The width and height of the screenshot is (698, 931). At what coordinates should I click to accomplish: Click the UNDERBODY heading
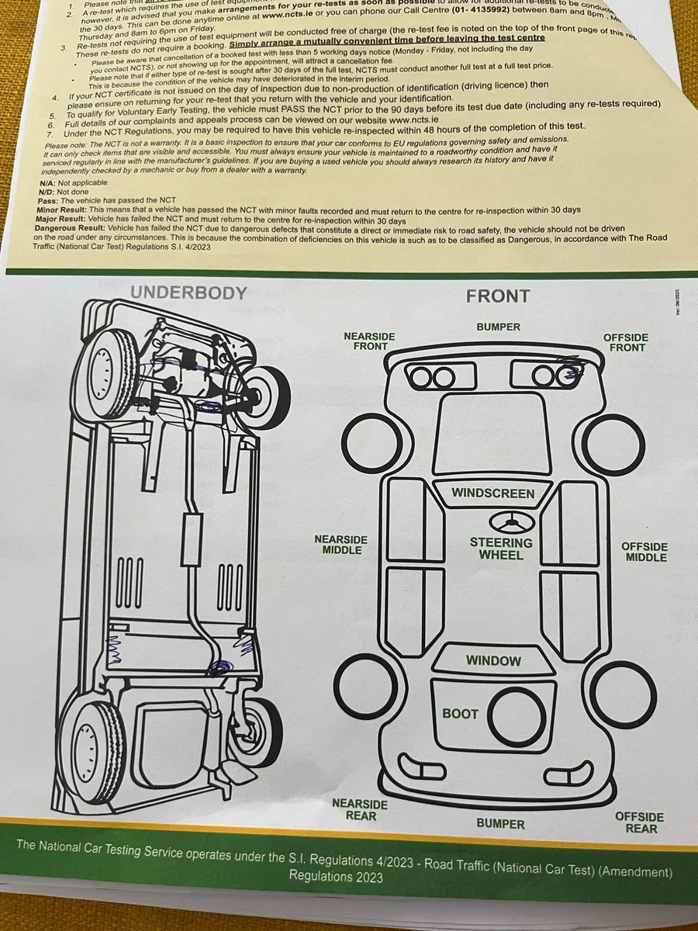[x=188, y=292]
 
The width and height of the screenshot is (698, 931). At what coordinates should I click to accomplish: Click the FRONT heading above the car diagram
[x=497, y=296]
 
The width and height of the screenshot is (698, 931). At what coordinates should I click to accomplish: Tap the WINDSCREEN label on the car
[x=493, y=493]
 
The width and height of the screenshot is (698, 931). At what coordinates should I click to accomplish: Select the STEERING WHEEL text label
[x=500, y=549]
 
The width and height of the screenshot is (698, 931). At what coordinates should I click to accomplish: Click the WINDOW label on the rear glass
[x=493, y=661]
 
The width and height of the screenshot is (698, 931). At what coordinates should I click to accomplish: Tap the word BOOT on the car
[x=460, y=713]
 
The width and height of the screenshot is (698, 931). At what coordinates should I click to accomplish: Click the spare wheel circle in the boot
[x=518, y=715]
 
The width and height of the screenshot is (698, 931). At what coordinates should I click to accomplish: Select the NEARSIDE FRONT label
[x=369, y=341]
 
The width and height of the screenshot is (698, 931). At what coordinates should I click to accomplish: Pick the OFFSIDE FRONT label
[x=626, y=342]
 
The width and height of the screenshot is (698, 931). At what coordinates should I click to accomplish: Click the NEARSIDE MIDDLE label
[x=341, y=545]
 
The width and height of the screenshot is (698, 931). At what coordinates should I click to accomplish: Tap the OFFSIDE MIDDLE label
[x=645, y=552]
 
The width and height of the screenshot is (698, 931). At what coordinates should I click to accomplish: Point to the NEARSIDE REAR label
[x=360, y=809]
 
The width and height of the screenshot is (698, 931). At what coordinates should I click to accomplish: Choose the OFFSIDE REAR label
[x=640, y=822]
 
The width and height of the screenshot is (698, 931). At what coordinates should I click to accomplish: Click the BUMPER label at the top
[x=498, y=327]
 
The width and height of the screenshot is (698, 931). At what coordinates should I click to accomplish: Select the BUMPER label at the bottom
[x=500, y=824]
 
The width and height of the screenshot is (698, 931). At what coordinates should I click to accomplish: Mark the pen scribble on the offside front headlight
[x=572, y=374]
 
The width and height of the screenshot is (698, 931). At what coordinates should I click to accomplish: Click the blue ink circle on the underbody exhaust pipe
[x=221, y=666]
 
